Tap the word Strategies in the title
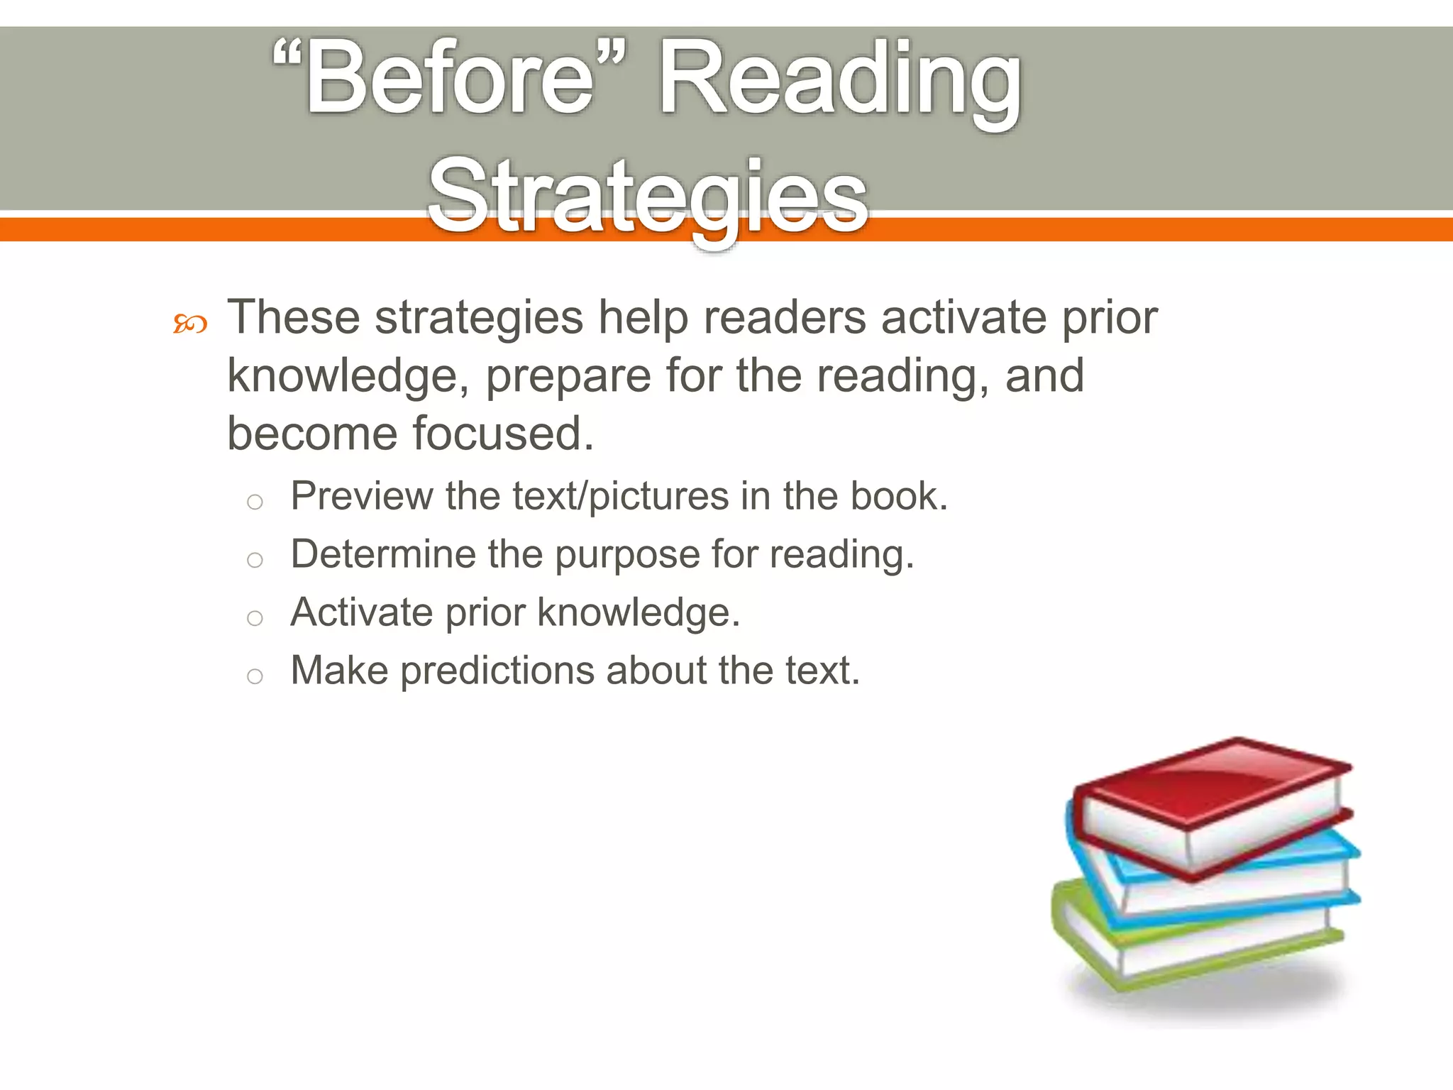pyautogui.click(x=648, y=195)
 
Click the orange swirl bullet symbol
pyautogui.click(x=190, y=324)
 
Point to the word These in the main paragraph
pyautogui.click(x=293, y=317)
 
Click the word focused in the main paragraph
pyautogui.click(x=502, y=434)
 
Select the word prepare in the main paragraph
pyautogui.click(x=568, y=376)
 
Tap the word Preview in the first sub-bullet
pyautogui.click(x=361, y=496)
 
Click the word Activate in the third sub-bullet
pyautogui.click(x=361, y=612)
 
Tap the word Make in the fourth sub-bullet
pyautogui.click(x=339, y=671)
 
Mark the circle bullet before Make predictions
pyautogui.click(x=255, y=676)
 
